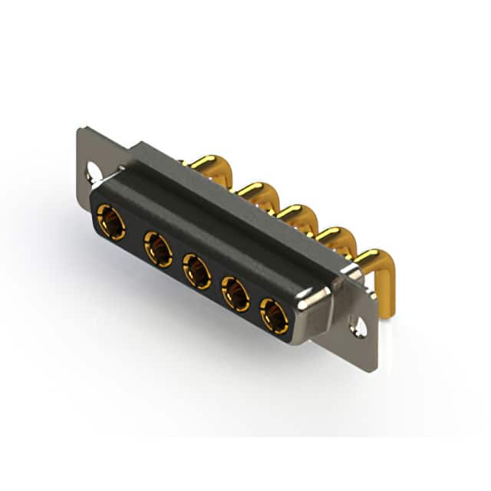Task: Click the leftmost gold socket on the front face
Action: pos(112,222)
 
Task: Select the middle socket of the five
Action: pos(196,272)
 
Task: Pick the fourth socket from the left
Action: pos(235,293)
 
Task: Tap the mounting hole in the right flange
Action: pos(358,328)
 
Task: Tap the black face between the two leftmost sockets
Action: pos(135,236)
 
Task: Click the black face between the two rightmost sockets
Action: pos(254,305)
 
